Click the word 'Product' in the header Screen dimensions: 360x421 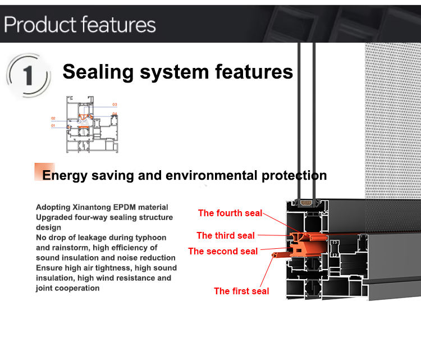(40, 25)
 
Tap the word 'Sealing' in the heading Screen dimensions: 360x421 (98, 72)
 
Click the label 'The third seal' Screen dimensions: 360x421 (225, 235)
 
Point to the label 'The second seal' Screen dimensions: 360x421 (223, 251)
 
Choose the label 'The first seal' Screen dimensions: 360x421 (241, 291)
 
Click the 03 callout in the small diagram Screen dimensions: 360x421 (115, 104)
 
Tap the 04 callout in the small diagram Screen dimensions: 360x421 (115, 114)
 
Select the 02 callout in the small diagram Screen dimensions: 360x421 (53, 118)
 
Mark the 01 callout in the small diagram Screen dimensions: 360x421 (53, 126)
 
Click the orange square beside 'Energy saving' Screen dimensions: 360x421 (38, 171)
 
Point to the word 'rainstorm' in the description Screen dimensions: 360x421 (74, 247)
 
